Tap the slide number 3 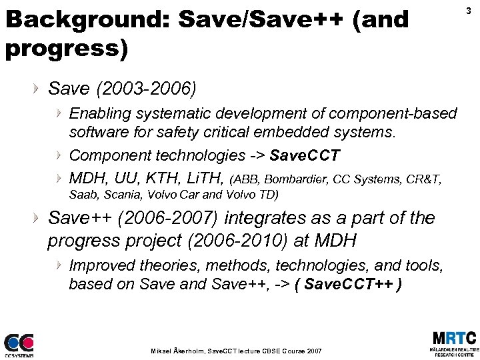tap(469, 11)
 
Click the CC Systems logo tap(19, 345)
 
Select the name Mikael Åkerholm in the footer tap(177, 350)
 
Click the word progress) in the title tap(66, 48)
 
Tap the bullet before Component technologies tap(59, 156)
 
